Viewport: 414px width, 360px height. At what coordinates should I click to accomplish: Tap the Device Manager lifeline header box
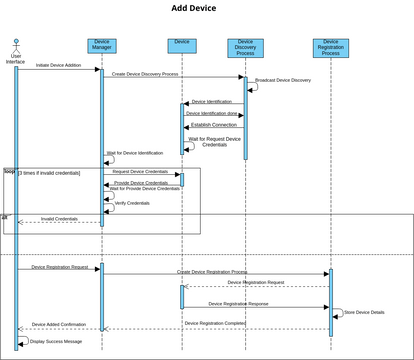[101, 46]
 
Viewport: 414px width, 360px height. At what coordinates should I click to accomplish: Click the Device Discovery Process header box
[245, 49]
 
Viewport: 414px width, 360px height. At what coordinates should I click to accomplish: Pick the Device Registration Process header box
[331, 49]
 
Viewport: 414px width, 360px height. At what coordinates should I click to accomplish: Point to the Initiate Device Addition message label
[59, 65]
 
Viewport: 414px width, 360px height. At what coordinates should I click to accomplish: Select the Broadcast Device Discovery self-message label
[283, 80]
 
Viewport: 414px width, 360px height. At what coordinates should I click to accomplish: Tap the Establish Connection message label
[213, 125]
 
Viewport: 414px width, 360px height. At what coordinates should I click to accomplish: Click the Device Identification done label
[212, 113]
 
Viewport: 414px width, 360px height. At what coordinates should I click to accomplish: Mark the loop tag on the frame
[9, 171]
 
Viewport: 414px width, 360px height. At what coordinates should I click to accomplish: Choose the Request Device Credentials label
[140, 171]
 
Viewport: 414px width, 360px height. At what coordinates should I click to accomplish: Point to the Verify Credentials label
[134, 203]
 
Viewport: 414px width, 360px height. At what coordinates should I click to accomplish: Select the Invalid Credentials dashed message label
[59, 218]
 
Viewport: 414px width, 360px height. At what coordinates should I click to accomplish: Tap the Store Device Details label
[364, 312]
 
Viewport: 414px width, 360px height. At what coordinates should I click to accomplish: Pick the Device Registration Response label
[238, 303]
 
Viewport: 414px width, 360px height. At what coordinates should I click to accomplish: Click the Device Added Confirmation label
[59, 324]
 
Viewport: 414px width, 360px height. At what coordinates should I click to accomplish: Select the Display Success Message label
[56, 341]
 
